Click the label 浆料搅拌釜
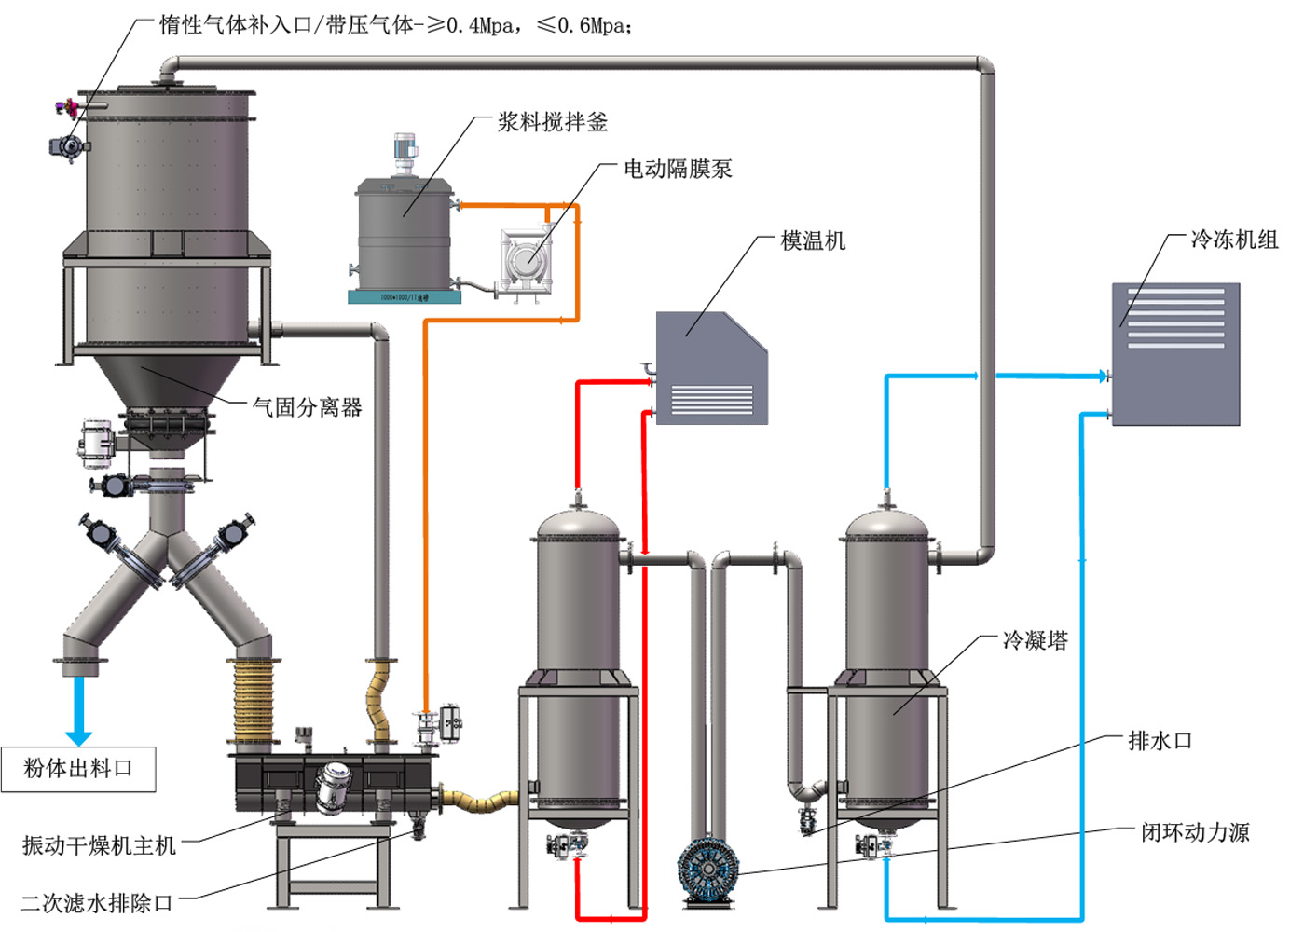click(552, 122)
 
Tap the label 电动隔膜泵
click(678, 169)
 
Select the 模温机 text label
click(813, 240)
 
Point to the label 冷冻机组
click(1234, 240)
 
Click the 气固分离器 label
click(308, 407)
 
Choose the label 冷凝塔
click(1035, 640)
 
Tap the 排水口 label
click(1160, 741)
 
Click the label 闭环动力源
click(1195, 832)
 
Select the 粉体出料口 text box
click(78, 769)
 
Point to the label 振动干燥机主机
click(99, 845)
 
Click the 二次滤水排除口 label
click(97, 902)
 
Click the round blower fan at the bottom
click(707, 870)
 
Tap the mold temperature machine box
click(711, 370)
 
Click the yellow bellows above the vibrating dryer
click(252, 699)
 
